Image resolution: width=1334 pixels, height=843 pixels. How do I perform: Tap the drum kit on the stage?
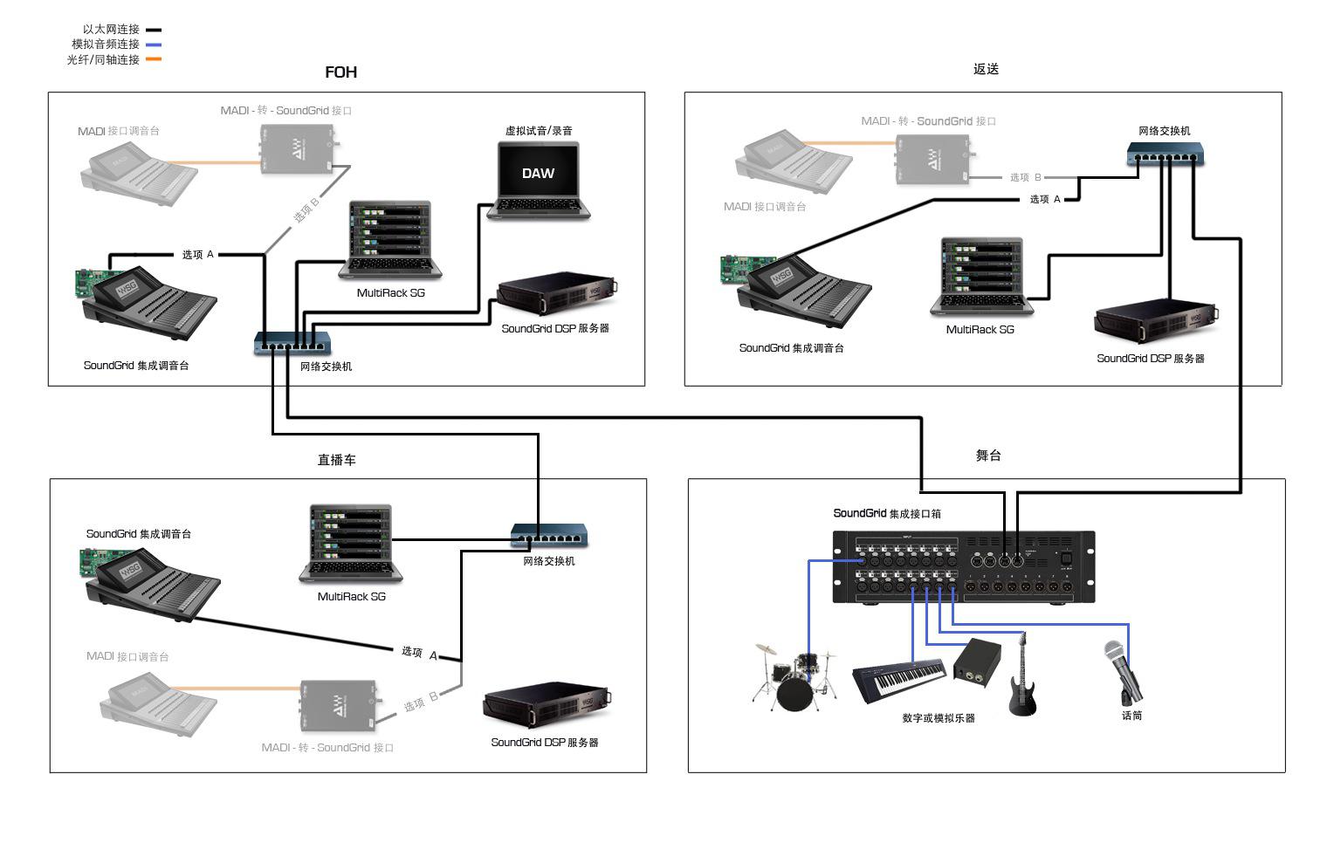[794, 677]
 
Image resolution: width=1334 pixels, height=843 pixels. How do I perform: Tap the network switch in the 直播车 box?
[549, 534]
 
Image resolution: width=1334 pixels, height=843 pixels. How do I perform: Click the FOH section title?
[340, 72]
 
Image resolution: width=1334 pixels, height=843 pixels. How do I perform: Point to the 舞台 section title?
[988, 456]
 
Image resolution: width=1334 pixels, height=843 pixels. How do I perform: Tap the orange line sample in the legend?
[154, 59]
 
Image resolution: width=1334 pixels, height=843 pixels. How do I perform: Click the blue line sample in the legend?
[154, 45]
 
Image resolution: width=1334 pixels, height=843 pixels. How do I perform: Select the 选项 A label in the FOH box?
[197, 255]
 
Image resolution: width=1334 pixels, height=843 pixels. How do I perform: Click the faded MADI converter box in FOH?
[299, 147]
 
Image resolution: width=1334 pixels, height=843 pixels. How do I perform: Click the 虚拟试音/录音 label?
[539, 131]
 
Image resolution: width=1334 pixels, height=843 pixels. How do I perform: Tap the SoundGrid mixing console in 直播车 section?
[150, 582]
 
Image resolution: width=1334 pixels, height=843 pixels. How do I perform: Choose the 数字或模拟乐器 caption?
[939, 718]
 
